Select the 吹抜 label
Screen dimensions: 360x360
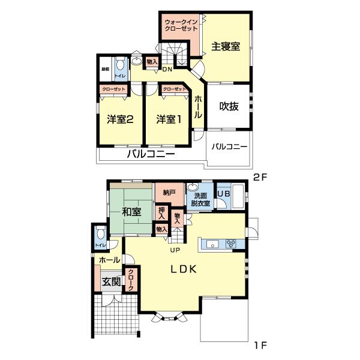tap(229, 107)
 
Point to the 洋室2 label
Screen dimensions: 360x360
tap(120, 119)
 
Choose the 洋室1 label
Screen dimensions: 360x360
tap(169, 119)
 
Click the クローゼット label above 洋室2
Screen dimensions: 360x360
tap(114, 89)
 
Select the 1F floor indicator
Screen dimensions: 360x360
tap(259, 345)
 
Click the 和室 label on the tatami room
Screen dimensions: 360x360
tap(131, 212)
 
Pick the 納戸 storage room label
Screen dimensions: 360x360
tap(170, 193)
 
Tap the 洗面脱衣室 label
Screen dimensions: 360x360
tap(200, 199)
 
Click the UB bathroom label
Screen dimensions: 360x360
tap(223, 194)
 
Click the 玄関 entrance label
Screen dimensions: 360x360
tap(110, 282)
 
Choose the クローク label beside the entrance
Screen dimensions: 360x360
tap(130, 281)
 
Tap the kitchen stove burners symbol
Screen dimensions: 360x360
tap(231, 244)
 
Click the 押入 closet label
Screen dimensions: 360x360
tap(161, 212)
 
